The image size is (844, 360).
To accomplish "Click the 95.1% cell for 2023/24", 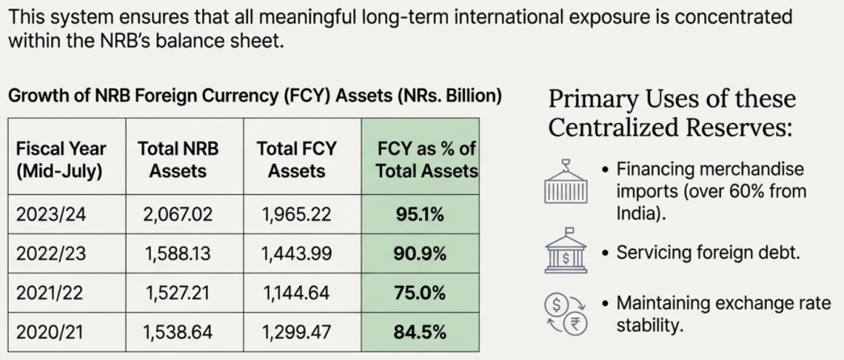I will [420, 215].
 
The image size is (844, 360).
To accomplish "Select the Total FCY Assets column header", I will [296, 159].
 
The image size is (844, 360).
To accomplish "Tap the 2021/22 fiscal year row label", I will [49, 293].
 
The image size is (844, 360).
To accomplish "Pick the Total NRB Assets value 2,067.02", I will [178, 215].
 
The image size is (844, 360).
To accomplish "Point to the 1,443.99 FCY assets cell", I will [296, 255].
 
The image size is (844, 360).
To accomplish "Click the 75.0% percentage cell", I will [420, 293].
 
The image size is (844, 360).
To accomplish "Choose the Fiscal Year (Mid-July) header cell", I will [61, 159].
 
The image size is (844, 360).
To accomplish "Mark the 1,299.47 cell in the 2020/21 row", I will [296, 332].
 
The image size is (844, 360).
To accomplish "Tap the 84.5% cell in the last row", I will [420, 332].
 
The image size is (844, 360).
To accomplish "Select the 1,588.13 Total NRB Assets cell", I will [178, 255].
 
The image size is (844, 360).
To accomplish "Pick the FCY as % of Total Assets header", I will [420, 159].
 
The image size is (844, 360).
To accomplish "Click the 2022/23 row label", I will [49, 255].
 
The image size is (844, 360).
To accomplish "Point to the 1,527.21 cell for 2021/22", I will [178, 293].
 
